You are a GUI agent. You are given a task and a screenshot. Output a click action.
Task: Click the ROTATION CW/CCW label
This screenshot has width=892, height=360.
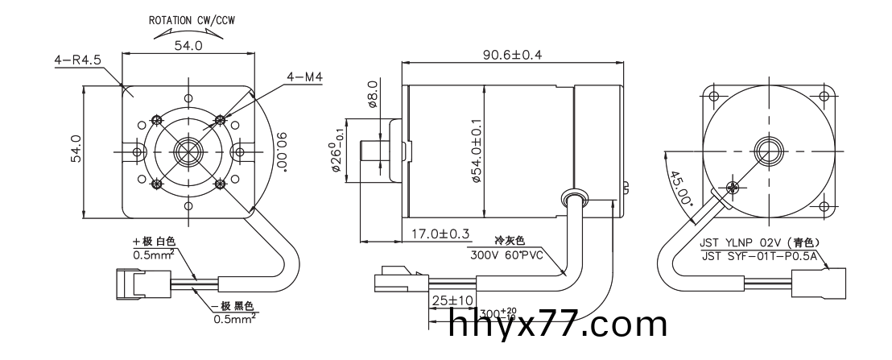click(x=186, y=19)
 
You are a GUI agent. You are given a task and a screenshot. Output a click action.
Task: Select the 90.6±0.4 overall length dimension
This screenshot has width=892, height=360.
click(x=512, y=55)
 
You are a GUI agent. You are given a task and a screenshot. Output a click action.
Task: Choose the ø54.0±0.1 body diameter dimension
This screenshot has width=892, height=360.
click(x=477, y=153)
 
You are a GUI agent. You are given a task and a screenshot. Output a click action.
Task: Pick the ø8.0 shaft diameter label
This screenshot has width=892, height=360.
click(x=372, y=93)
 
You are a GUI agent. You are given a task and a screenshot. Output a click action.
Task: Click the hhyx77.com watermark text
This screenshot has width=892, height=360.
click(x=558, y=325)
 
